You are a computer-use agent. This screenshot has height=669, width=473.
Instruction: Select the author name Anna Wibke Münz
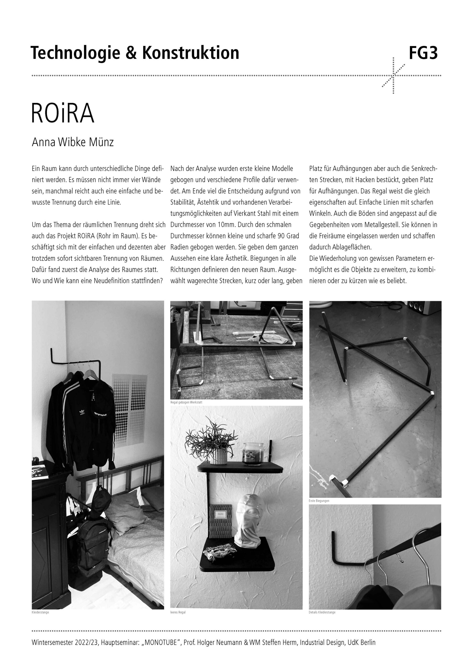coord(73,142)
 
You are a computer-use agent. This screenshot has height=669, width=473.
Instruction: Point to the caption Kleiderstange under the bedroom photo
coord(40,612)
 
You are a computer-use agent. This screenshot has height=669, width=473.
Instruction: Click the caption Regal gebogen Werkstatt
coord(186,402)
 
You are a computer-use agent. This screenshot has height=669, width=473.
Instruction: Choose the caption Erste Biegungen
coord(319,501)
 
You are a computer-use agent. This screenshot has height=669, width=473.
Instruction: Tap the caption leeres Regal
coord(178,612)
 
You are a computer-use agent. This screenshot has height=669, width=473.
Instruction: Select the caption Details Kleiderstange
coord(322,612)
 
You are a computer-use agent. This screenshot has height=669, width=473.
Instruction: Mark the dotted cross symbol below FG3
coord(393,76)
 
